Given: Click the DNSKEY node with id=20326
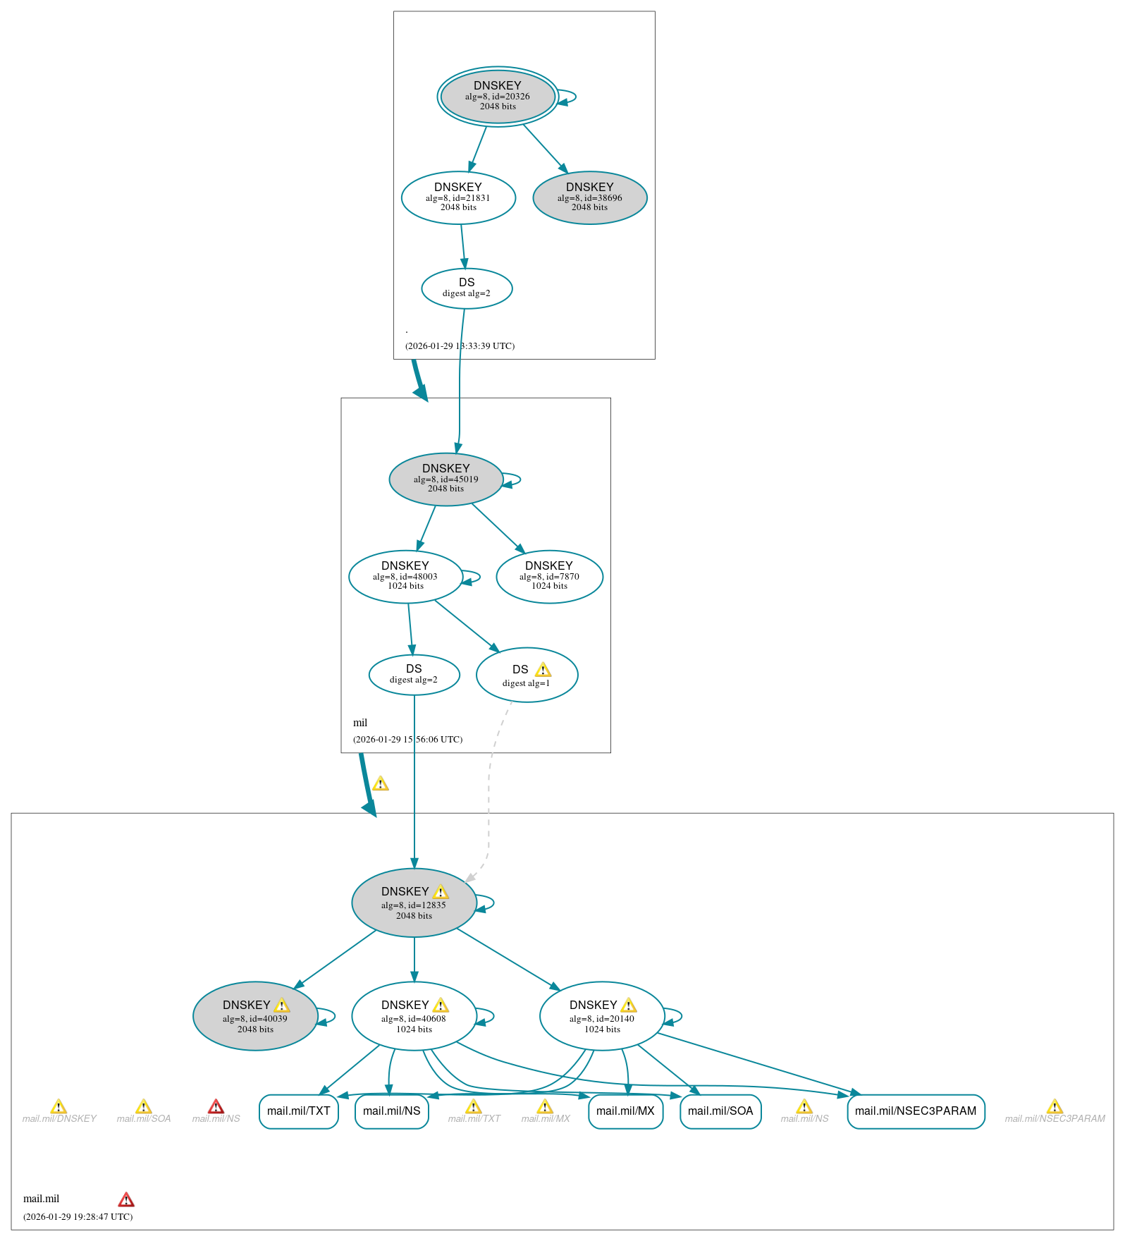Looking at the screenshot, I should (x=498, y=97).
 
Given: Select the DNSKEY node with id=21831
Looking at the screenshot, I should (x=458, y=198).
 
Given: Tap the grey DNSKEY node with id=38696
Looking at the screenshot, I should (x=590, y=198).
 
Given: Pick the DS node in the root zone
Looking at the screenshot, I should (x=467, y=288).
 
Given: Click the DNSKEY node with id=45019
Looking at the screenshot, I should (x=445, y=479).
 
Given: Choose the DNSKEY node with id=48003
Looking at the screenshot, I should (x=405, y=577).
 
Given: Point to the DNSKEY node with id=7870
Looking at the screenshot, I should (x=549, y=577).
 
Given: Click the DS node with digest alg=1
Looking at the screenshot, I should (x=527, y=675).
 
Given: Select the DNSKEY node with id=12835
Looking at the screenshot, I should (x=414, y=903).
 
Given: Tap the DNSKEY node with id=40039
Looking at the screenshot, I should (x=255, y=1016).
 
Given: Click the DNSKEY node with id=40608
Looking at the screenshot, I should (x=414, y=1016).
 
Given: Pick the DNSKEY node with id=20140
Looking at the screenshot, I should (x=602, y=1016).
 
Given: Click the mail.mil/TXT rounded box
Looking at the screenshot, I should (x=299, y=1111).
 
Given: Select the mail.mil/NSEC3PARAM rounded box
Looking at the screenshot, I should (x=916, y=1111).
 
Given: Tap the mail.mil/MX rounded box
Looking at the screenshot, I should (x=625, y=1111).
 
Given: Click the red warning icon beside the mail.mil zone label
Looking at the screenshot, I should (x=126, y=1199).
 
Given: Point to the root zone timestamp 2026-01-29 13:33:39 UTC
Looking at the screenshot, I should (x=460, y=346).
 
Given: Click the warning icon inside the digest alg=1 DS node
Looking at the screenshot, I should (x=543, y=670).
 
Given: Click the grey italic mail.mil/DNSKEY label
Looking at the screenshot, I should (x=59, y=1118).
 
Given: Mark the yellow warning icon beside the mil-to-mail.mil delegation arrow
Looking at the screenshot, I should (x=381, y=783).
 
